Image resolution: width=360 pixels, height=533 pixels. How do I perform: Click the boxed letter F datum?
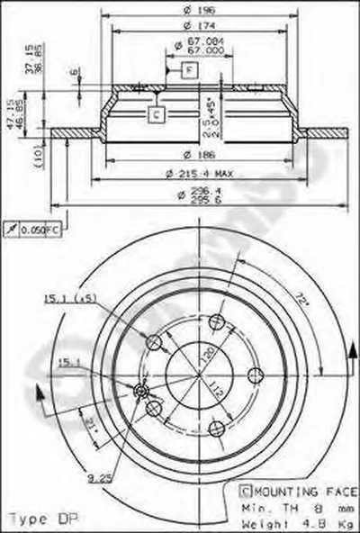pos(190,69)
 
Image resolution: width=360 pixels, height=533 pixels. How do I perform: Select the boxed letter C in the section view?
pos(156,113)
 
